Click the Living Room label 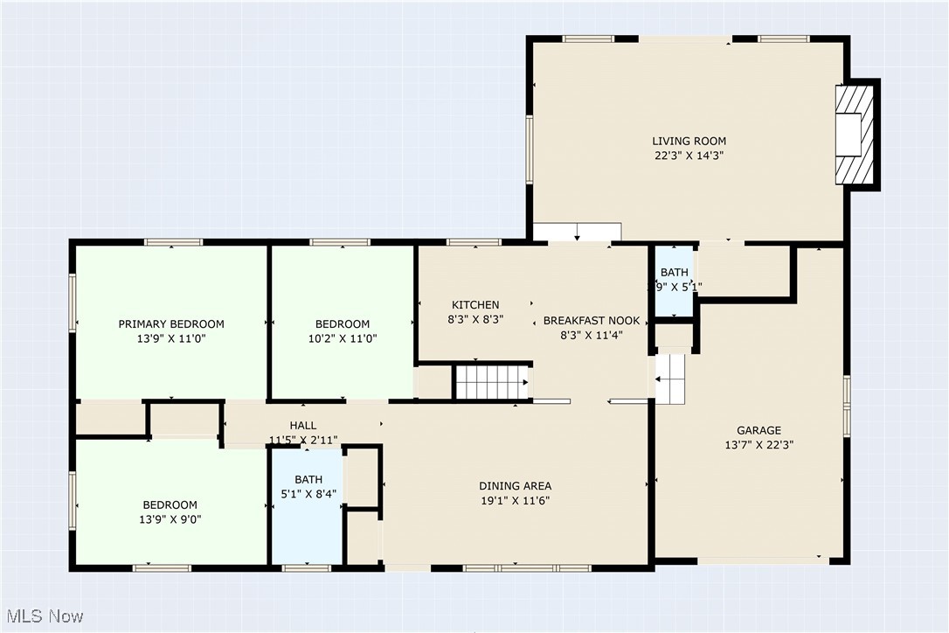689,141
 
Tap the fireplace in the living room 854,133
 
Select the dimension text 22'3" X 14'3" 689,156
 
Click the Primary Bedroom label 171,324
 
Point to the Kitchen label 475,305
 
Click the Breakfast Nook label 592,321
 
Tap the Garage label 759,430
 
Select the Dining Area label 515,486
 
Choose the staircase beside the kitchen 491,383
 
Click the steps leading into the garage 671,379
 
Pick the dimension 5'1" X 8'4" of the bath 308,494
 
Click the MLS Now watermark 43,616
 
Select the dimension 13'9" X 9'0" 170,519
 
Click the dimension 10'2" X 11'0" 342,338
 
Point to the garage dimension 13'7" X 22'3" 759,444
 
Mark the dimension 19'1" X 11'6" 515,501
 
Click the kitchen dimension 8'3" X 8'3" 475,320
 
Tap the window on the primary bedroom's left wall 73,303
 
